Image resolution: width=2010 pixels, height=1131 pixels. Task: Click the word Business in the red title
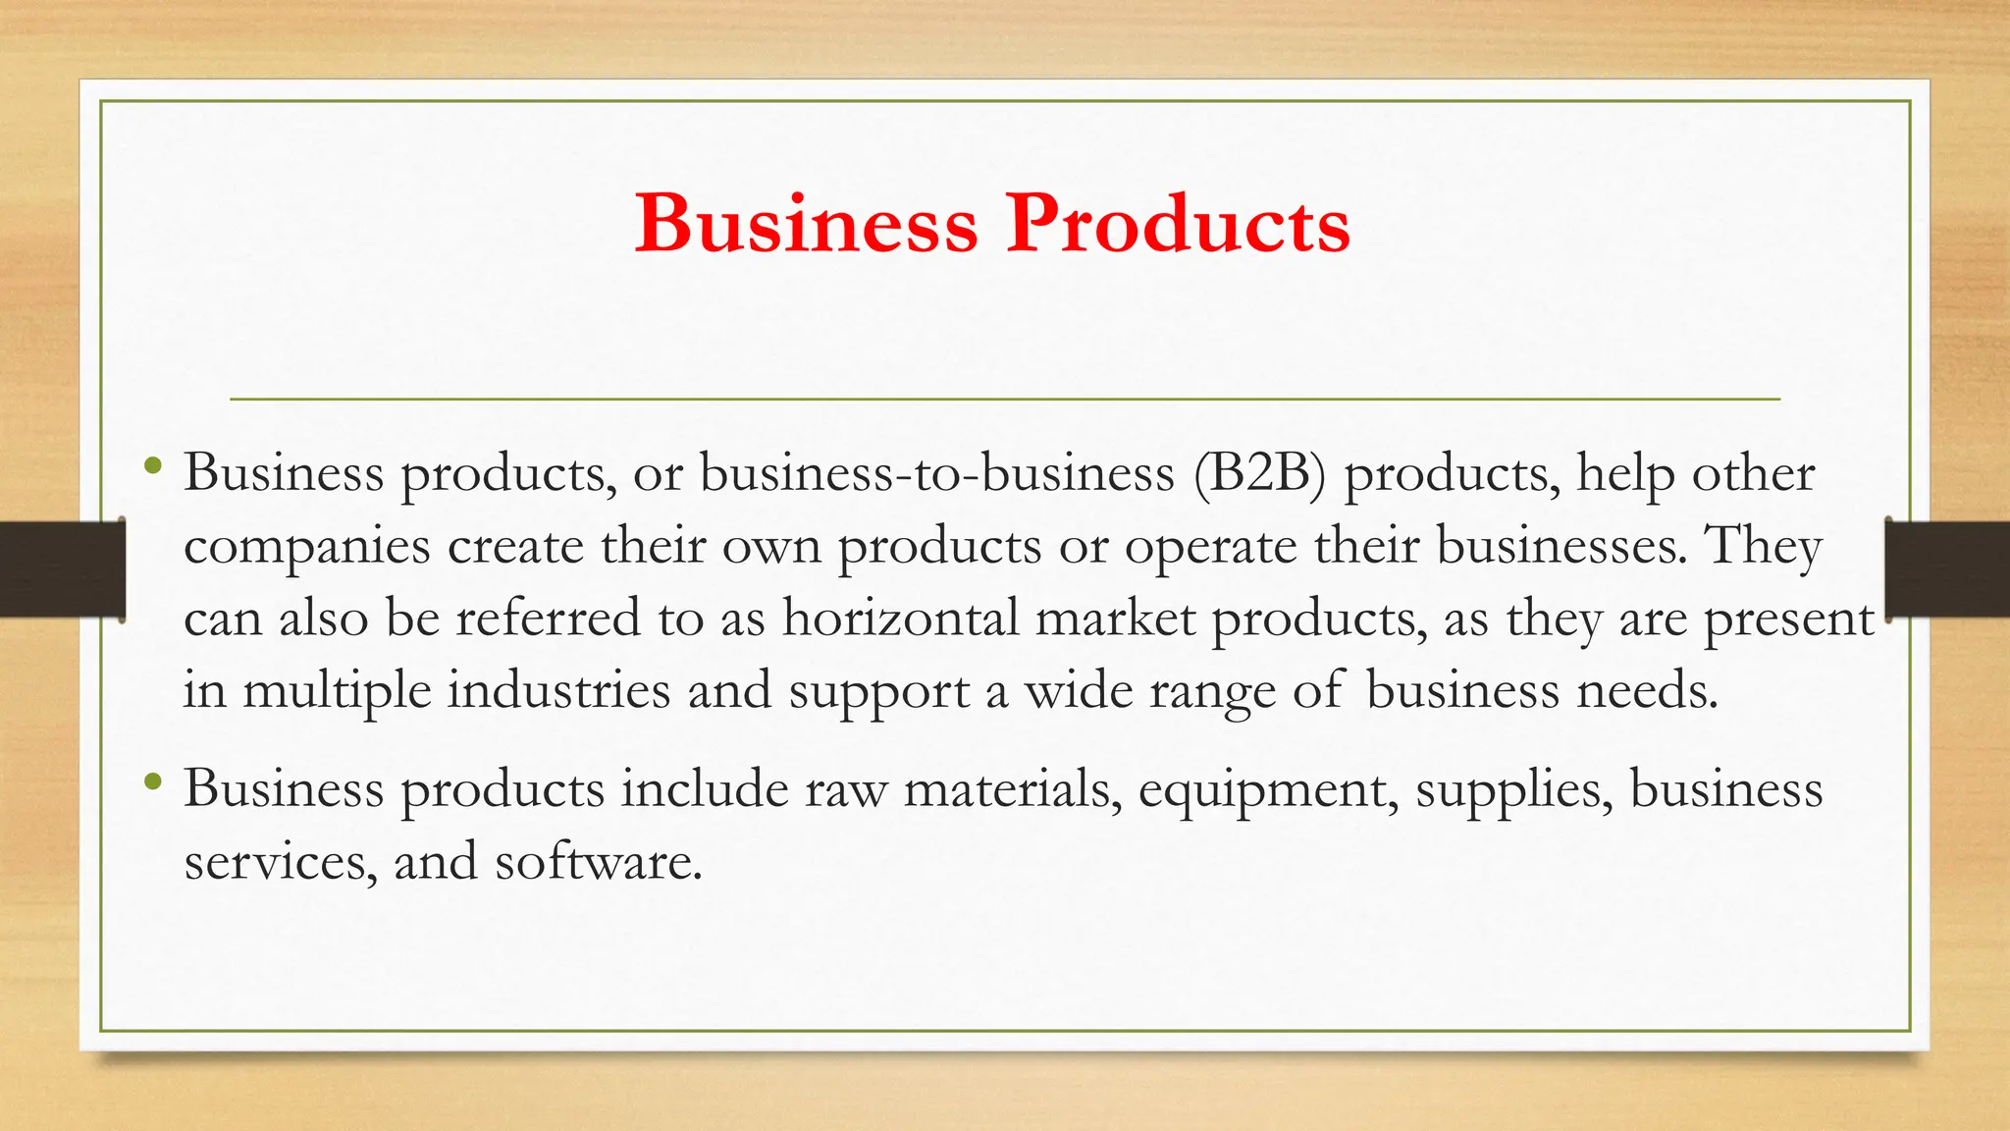[x=806, y=224]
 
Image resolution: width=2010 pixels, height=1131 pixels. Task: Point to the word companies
[x=306, y=548]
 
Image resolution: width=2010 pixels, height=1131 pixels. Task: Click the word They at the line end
[x=1764, y=546]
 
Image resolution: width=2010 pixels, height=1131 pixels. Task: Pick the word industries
[x=559, y=690]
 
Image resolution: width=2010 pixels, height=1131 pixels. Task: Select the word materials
[x=1013, y=789]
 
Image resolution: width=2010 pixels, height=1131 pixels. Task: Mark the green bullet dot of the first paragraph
[x=151, y=465]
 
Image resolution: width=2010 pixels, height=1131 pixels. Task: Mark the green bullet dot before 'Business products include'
[x=151, y=782]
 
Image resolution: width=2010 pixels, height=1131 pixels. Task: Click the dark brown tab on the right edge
[x=1947, y=569]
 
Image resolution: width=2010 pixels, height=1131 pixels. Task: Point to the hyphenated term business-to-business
[x=936, y=473]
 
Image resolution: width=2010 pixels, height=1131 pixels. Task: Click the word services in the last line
[x=280, y=862]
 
